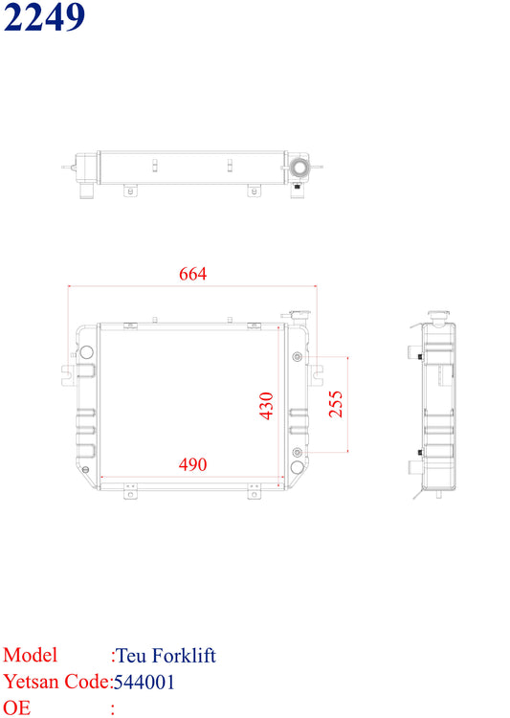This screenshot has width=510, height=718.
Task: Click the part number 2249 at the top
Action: pyautogui.click(x=44, y=16)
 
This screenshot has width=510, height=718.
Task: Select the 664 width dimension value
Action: pyautogui.click(x=192, y=274)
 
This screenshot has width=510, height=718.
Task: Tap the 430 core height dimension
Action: pyautogui.click(x=266, y=405)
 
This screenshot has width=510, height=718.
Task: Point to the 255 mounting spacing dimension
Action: pyautogui.click(x=336, y=404)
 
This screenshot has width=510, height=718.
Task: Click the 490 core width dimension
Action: pyautogui.click(x=192, y=464)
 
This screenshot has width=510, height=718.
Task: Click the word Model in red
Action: pyautogui.click(x=31, y=655)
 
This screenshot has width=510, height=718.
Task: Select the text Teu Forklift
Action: pyautogui.click(x=166, y=655)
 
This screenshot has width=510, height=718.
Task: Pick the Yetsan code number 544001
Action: pyautogui.click(x=144, y=682)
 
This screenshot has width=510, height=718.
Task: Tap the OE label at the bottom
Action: pyautogui.click(x=17, y=707)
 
